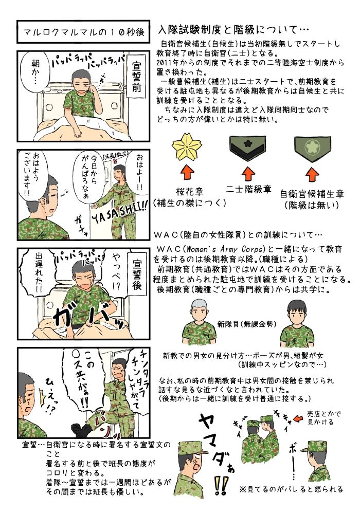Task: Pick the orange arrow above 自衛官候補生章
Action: click(x=312, y=174)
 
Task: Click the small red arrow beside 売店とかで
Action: click(x=299, y=418)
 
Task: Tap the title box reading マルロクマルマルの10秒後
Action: click(x=83, y=31)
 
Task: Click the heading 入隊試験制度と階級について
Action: click(x=233, y=30)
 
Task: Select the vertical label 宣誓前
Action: click(x=137, y=76)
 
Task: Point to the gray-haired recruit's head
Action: click(x=200, y=309)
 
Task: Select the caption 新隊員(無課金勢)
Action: click(x=246, y=324)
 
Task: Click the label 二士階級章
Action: click(x=248, y=189)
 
